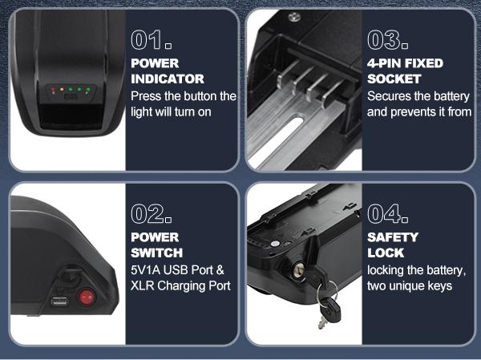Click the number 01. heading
pos(151,40)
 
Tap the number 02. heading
pos(152,214)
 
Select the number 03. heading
pos(388,40)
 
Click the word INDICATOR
pos(167,79)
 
